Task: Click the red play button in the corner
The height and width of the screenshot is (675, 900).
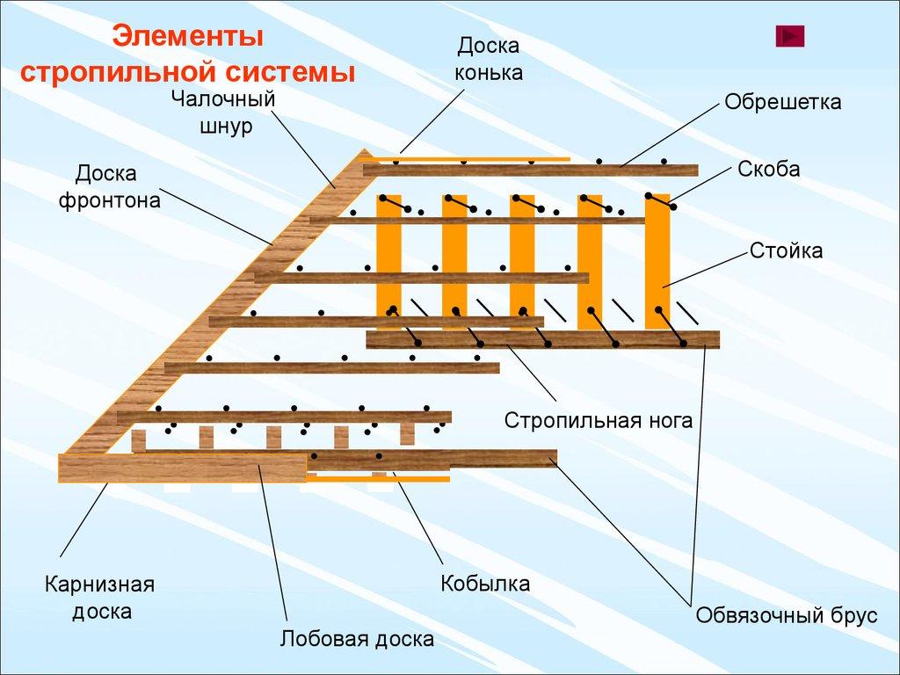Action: pos(790,36)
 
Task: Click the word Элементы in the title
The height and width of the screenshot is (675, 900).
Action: pos(189,38)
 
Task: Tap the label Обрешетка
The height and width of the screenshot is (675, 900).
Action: pos(782,102)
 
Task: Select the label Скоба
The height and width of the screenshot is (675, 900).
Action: pos(769,170)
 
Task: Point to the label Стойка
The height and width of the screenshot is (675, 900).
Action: pos(786,251)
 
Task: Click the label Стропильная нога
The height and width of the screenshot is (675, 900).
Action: pos(598,421)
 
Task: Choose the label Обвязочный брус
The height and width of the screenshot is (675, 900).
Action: pos(786,615)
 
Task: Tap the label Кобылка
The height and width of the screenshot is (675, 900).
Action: pos(485,584)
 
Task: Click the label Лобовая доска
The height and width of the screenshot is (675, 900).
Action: pos(357,639)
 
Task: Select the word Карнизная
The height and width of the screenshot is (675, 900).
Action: pos(100,584)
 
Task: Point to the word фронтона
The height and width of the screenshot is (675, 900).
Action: pos(110,200)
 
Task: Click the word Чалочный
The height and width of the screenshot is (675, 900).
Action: pos(223,98)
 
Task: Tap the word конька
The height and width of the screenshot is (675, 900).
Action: pos(489,72)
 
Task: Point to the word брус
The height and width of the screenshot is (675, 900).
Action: pos(853,615)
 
